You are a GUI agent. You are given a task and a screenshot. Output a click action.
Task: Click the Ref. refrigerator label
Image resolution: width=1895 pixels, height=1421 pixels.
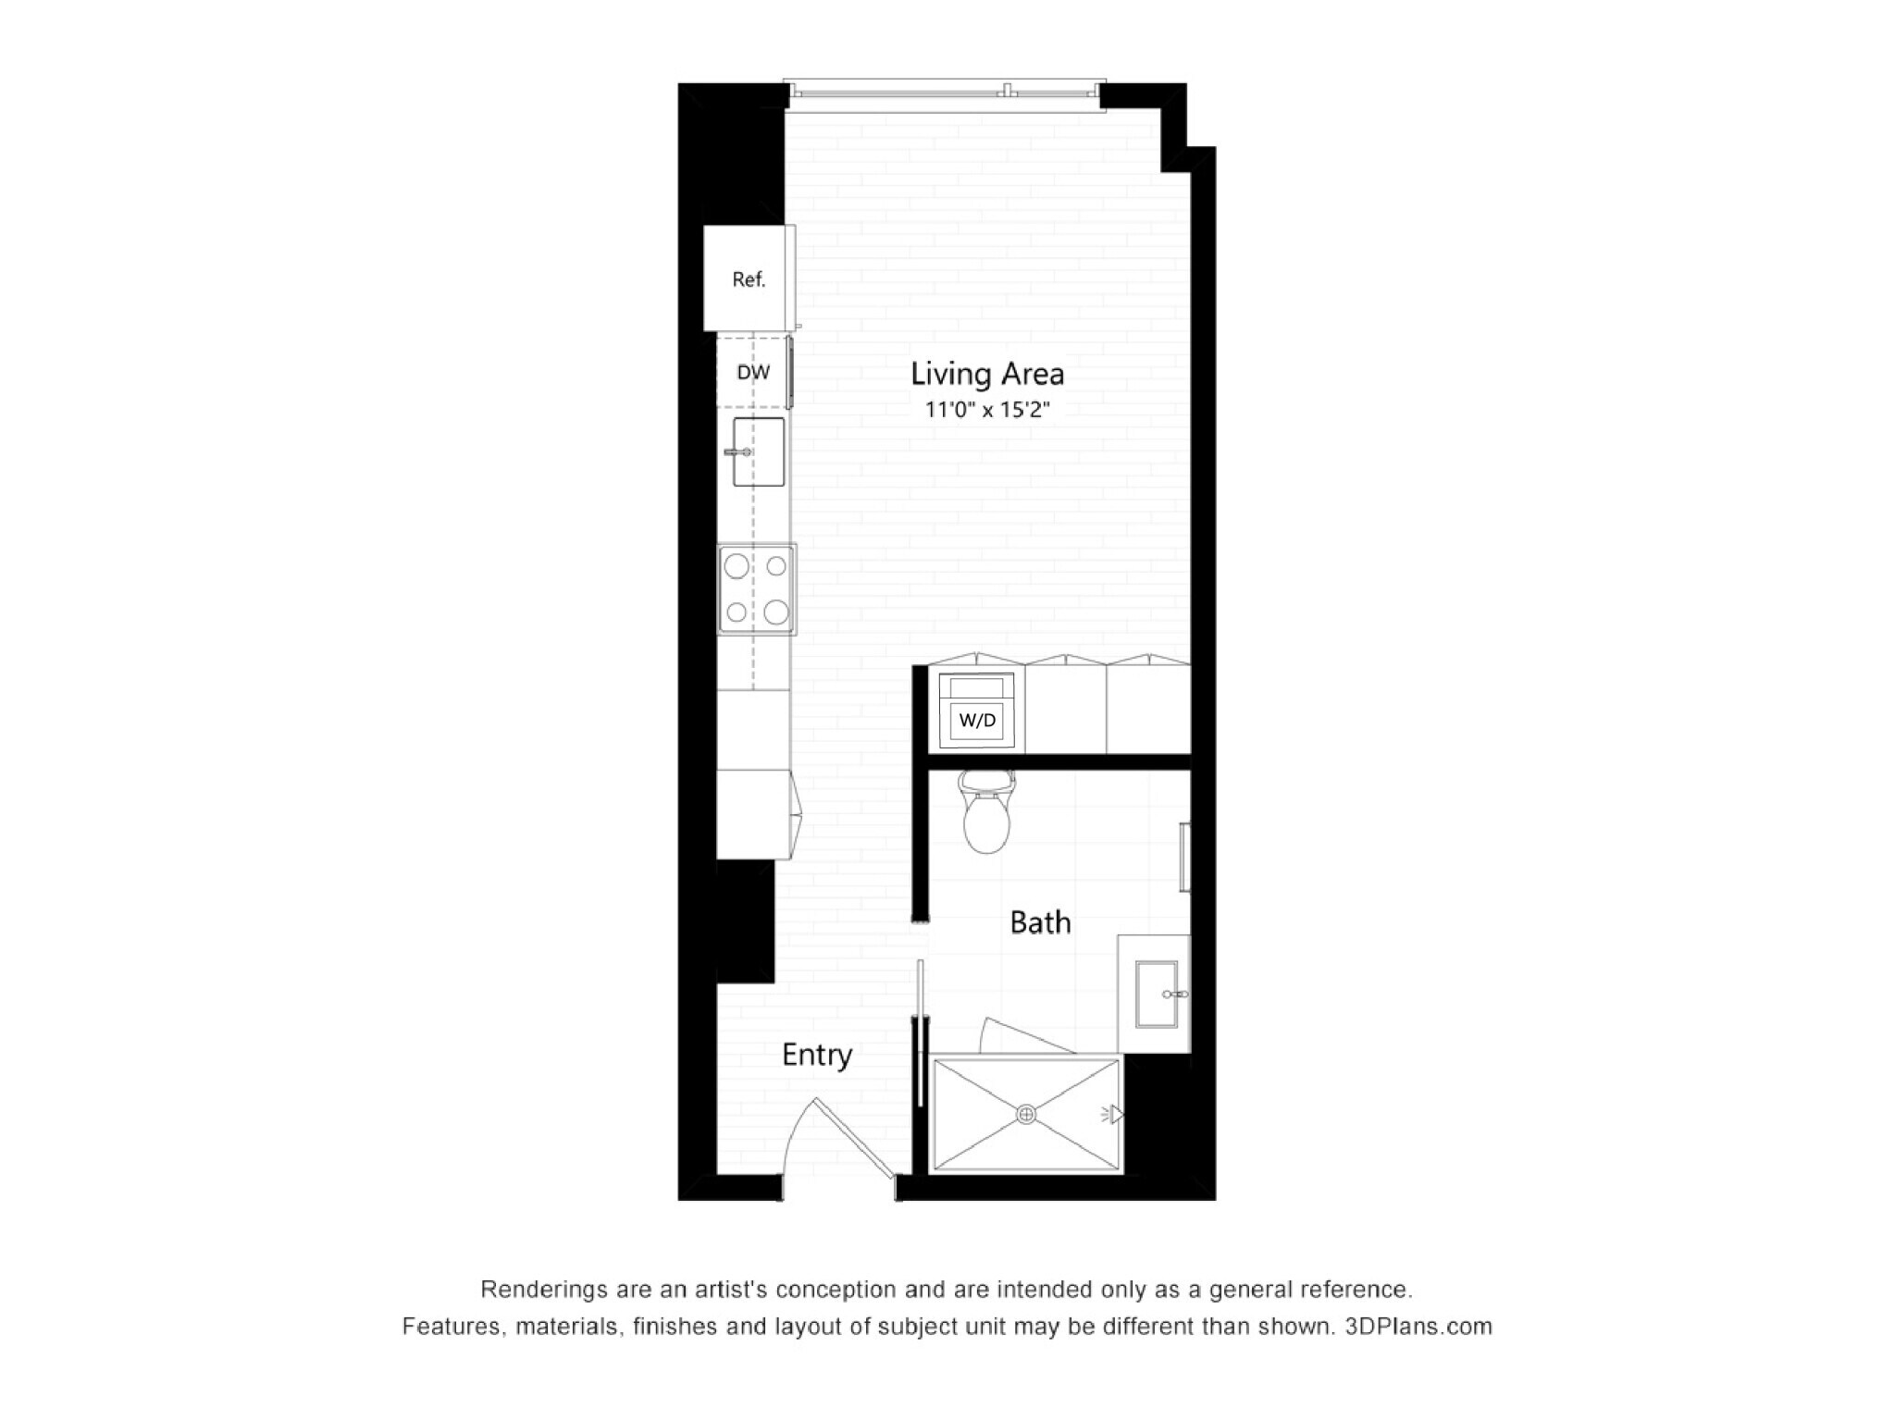[749, 279]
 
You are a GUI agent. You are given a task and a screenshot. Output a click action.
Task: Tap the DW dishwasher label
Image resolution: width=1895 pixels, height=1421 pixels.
[753, 373]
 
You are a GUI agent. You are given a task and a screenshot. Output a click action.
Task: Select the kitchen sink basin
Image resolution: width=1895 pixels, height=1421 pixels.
[759, 451]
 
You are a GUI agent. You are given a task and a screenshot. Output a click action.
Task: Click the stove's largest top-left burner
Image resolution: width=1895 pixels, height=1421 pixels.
[737, 566]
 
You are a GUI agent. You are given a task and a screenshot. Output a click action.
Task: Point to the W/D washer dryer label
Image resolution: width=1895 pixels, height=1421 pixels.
[977, 720]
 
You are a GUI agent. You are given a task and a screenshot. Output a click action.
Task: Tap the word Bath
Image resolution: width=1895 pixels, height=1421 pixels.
[1040, 922]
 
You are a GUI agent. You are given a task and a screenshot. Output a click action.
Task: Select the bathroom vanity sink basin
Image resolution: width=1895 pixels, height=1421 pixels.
[1157, 995]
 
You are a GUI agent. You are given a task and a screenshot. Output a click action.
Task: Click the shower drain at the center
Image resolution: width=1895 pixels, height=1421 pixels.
[1025, 1115]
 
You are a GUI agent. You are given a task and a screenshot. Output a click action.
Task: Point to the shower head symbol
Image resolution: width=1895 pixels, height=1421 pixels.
[1115, 1115]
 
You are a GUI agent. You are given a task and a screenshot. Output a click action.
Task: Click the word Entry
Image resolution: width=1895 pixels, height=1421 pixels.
[816, 1055]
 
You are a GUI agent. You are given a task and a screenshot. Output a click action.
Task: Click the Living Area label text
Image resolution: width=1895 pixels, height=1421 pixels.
[987, 374]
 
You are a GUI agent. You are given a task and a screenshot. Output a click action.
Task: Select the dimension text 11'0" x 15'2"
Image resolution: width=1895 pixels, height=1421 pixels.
[987, 409]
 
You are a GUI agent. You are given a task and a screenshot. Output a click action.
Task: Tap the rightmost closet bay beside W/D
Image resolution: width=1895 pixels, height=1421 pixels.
[1148, 710]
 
